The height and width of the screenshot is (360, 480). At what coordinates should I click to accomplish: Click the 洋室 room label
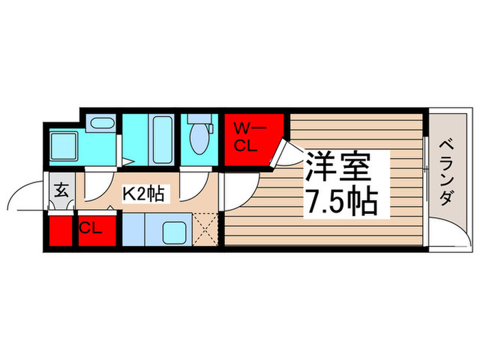tap(337, 166)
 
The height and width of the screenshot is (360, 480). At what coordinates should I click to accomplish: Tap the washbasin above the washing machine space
tap(103, 125)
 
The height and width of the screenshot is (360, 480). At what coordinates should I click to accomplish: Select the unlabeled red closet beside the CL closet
tap(60, 231)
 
